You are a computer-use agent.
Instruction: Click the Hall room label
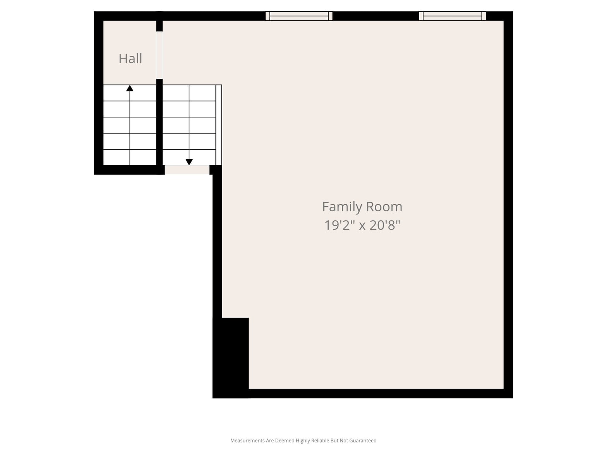click(130, 59)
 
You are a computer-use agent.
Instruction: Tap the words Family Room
click(362, 207)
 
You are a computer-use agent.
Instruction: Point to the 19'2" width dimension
click(340, 225)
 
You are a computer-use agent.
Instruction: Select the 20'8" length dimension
click(385, 225)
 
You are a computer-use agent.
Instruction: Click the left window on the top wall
click(299, 16)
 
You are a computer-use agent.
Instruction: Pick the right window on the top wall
click(453, 16)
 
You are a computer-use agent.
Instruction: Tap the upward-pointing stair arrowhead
click(130, 88)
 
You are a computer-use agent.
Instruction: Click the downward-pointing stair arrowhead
click(189, 162)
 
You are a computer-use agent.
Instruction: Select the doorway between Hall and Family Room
click(159, 55)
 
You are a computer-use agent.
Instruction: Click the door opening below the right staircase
click(187, 170)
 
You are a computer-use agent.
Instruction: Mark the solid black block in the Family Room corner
click(231, 358)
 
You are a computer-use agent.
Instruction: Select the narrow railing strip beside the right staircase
click(219, 125)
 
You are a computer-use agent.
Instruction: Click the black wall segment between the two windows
click(376, 16)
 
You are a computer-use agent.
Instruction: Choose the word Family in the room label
click(342, 207)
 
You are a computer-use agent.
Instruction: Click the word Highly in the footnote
click(303, 440)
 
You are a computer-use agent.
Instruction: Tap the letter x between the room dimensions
click(362, 226)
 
